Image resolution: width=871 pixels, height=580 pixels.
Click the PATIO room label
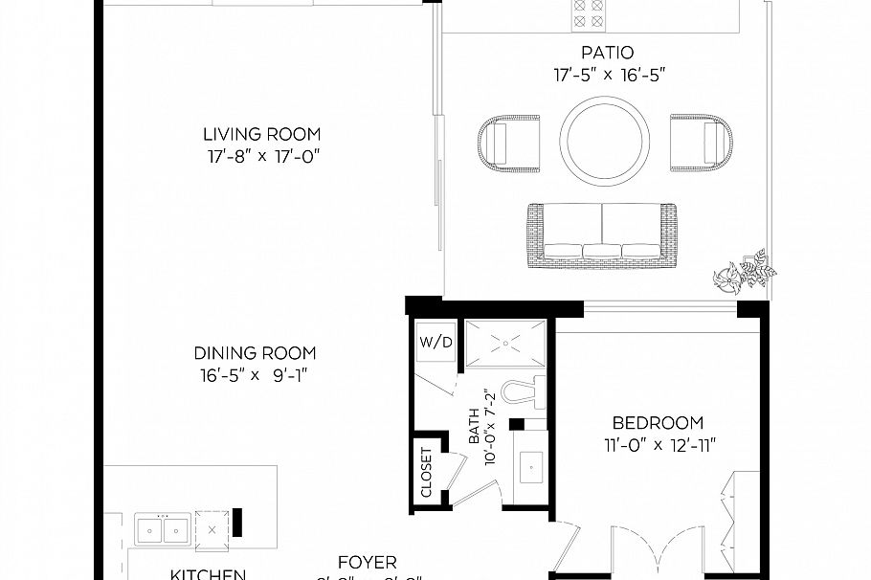pyautogui.click(x=607, y=52)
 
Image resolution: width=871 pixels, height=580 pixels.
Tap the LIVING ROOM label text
pyautogui.click(x=261, y=134)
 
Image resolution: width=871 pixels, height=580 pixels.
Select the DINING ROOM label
pyautogui.click(x=255, y=353)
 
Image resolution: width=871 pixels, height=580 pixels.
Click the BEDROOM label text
pyautogui.click(x=658, y=422)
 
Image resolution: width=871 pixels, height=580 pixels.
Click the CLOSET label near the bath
pyautogui.click(x=427, y=471)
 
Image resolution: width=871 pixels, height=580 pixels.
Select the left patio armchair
pyautogui.click(x=507, y=143)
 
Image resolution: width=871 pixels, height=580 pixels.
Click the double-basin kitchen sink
pyautogui.click(x=163, y=527)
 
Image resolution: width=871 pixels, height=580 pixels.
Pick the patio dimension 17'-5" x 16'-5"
pyautogui.click(x=607, y=73)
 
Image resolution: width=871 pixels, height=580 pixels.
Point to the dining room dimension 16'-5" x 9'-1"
pyautogui.click(x=255, y=374)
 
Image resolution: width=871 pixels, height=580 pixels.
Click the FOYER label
pyautogui.click(x=368, y=563)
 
